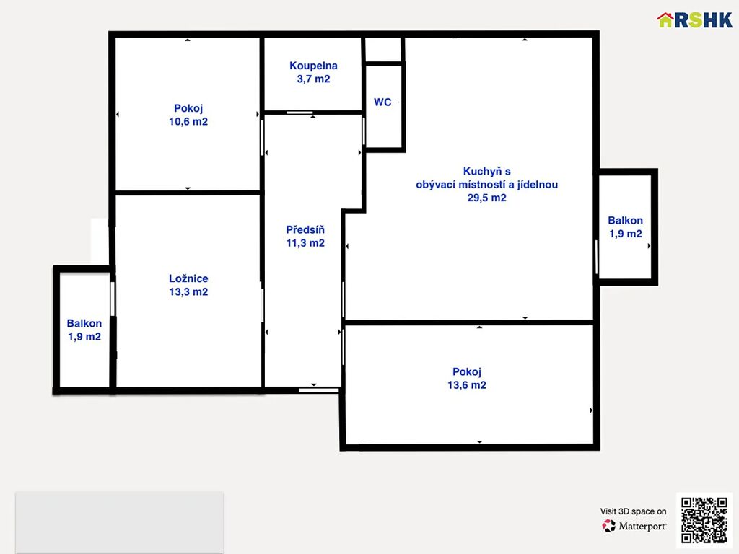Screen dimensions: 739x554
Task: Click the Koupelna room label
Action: pyautogui.click(x=313, y=66)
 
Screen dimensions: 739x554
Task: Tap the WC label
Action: pyautogui.click(x=382, y=102)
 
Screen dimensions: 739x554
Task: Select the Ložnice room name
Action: pyautogui.click(x=188, y=278)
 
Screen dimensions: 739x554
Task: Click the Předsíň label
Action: pyautogui.click(x=305, y=229)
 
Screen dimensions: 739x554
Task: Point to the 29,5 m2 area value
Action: pyautogui.click(x=487, y=198)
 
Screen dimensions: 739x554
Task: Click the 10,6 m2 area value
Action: pyautogui.click(x=188, y=121)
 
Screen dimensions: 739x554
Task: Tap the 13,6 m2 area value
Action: pyautogui.click(x=467, y=385)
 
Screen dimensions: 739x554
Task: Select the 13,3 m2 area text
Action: pyautogui.click(x=188, y=291)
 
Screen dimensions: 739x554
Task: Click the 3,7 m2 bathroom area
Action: pyautogui.click(x=313, y=79)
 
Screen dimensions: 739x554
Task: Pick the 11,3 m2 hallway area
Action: pyautogui.click(x=305, y=243)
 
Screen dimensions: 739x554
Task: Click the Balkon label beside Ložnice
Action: pyautogui.click(x=84, y=323)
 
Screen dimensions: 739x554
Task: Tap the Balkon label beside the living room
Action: pyautogui.click(x=626, y=221)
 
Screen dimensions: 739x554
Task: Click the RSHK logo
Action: pyautogui.click(x=695, y=19)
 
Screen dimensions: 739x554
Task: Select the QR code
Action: pyautogui.click(x=704, y=519)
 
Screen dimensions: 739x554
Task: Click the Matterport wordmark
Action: pyautogui.click(x=642, y=526)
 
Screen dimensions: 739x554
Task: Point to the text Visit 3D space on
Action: pyautogui.click(x=634, y=511)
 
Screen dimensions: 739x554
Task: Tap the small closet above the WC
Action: pyautogui.click(x=383, y=50)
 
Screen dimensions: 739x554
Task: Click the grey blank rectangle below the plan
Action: pyautogui.click(x=120, y=522)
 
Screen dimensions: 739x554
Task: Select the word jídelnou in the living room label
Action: pyautogui.click(x=538, y=185)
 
